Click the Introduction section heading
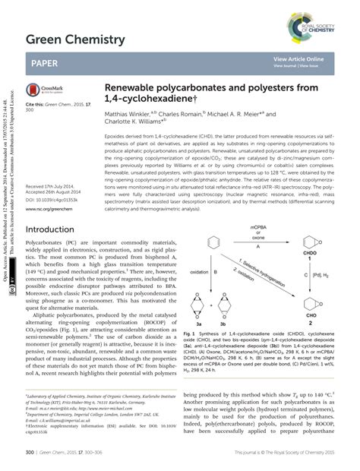(x=55, y=229)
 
